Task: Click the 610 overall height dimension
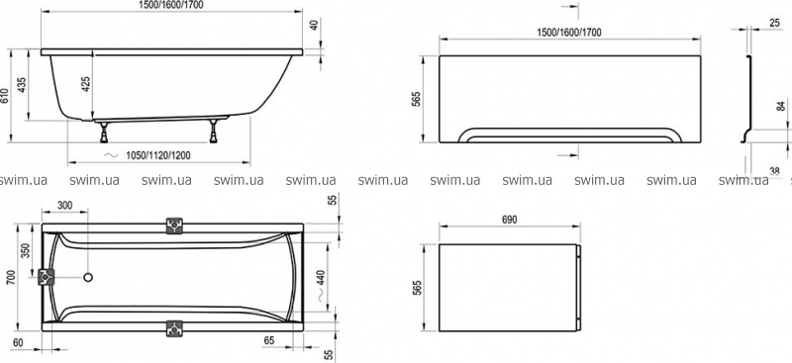(x=5, y=96)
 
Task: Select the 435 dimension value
(x=22, y=85)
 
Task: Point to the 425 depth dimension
(x=86, y=84)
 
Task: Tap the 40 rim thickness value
(x=315, y=25)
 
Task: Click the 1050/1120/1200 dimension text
(x=158, y=155)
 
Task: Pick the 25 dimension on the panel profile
(x=775, y=22)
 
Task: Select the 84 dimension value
(x=781, y=107)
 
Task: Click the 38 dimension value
(x=774, y=171)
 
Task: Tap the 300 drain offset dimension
(x=64, y=205)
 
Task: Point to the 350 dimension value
(x=26, y=250)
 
